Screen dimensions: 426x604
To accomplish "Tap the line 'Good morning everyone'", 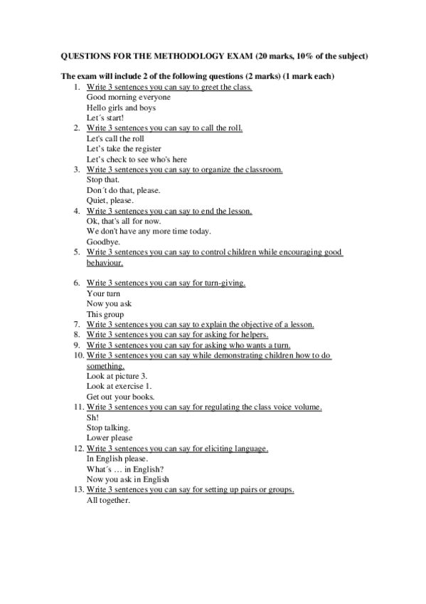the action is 128,97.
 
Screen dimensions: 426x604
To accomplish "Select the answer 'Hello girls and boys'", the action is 121,108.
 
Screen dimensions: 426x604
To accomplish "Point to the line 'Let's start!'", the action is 105,118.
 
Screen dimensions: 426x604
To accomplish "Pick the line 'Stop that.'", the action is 102,180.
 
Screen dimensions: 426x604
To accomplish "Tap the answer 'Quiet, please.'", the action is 110,200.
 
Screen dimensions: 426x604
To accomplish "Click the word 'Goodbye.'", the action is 103,241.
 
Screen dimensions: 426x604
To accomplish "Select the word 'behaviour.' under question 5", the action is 105,262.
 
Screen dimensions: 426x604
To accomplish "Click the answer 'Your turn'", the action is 103,293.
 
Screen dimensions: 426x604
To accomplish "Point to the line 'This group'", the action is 105,314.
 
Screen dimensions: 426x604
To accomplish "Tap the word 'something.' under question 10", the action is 106,365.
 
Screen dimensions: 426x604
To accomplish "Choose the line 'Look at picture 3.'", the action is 117,375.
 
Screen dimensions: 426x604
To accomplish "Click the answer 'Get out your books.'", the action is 120,396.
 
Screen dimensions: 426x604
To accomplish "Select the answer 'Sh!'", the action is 93,417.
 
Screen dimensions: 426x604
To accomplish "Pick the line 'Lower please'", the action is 110,438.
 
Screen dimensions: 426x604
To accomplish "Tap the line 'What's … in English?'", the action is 125,469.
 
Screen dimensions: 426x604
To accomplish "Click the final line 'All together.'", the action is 108,501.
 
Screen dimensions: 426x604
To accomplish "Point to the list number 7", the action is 78,324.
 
